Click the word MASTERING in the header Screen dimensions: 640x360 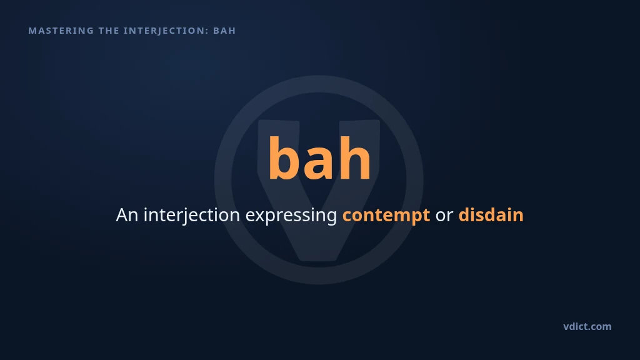(61, 31)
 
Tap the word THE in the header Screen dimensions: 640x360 (109, 31)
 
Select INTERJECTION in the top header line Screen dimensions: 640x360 (164, 31)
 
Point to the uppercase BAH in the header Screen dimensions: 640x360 (224, 31)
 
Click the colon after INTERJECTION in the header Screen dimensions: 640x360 (207, 31)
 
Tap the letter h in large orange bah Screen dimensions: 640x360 (355, 158)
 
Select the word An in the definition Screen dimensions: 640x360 (127, 215)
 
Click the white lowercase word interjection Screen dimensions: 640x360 (192, 216)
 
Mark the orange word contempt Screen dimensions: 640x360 (386, 216)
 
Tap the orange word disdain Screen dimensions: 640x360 (491, 215)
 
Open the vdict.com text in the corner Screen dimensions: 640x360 (587, 326)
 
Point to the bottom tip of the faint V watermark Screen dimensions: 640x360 (318, 260)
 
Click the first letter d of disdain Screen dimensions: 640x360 (464, 215)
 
